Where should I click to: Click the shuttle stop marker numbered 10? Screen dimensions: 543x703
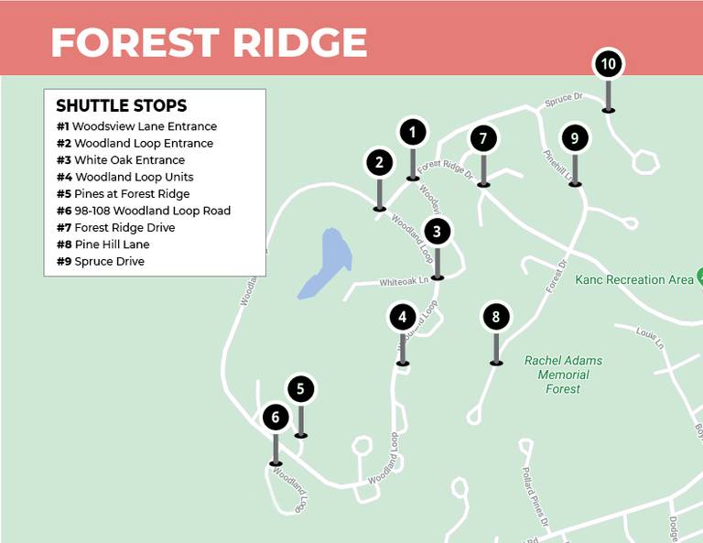(x=609, y=64)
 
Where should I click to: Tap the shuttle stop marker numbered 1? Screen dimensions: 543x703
(x=413, y=132)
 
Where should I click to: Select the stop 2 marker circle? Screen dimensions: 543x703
(x=379, y=163)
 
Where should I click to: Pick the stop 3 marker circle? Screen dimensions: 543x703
(x=438, y=232)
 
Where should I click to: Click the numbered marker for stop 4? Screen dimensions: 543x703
(x=403, y=318)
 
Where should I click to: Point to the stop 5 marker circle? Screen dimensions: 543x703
(x=300, y=389)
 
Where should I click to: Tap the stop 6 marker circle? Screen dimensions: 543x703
(x=276, y=418)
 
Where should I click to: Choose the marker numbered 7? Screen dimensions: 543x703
(x=483, y=139)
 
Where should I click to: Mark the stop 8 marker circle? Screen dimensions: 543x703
(x=496, y=318)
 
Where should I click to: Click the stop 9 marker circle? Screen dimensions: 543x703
(x=574, y=138)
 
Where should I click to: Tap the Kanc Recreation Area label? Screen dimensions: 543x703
(x=633, y=279)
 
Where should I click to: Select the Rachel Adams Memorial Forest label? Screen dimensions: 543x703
(x=563, y=375)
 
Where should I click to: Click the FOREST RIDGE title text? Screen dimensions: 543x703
(x=209, y=42)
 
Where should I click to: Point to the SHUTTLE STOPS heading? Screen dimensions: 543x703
(x=121, y=105)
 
